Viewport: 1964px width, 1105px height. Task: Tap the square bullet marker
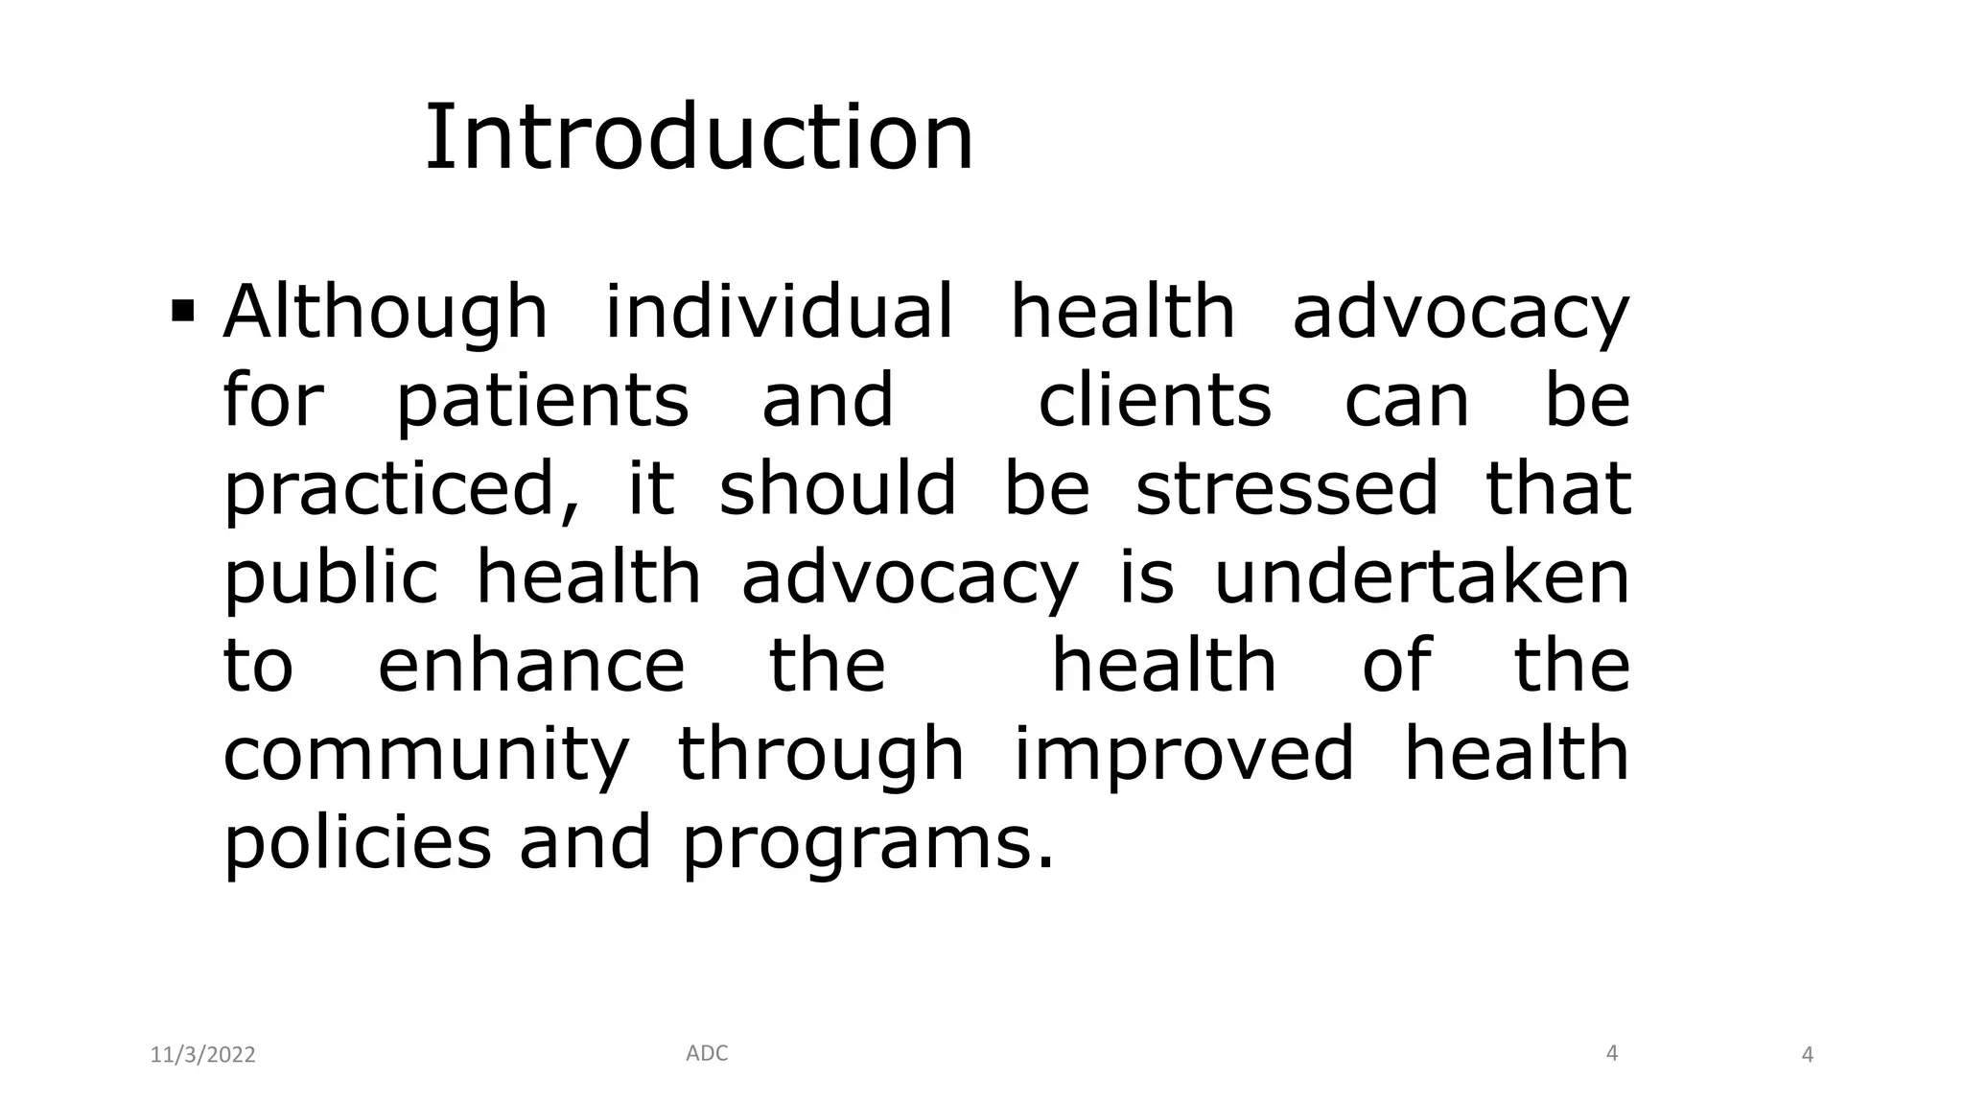click(183, 312)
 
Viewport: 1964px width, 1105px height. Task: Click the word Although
click(386, 312)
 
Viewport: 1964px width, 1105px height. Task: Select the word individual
click(780, 312)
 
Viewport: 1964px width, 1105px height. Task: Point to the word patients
click(543, 400)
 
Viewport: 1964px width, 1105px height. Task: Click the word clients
click(1155, 400)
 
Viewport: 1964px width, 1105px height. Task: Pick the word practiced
click(402, 488)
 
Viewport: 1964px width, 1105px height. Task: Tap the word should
click(837, 486)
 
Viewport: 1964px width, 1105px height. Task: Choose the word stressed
click(1287, 486)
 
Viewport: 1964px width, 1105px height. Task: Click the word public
click(331, 577)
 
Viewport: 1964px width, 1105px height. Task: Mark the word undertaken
click(1422, 576)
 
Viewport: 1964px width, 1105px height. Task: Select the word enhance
click(532, 665)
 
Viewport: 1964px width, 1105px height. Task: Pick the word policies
click(357, 842)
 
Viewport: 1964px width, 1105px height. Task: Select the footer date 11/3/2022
click(203, 1055)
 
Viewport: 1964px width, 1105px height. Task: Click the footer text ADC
click(707, 1053)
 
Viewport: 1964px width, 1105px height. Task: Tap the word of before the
click(1396, 665)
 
